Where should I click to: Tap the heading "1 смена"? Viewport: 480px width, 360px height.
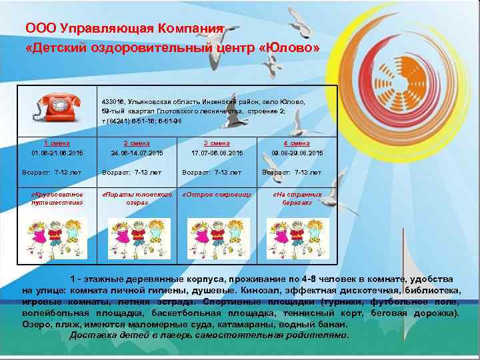(58, 143)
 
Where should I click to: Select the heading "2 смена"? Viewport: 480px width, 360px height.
(137, 143)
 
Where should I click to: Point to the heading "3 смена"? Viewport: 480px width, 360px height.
(217, 143)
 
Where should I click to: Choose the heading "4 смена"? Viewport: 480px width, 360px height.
(296, 143)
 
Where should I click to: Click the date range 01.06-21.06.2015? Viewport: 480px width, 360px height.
(57, 153)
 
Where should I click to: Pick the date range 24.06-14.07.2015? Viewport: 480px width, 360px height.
(137, 153)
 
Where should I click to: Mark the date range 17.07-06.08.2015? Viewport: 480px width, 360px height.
(217, 153)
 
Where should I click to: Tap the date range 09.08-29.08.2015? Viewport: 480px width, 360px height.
(296, 153)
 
